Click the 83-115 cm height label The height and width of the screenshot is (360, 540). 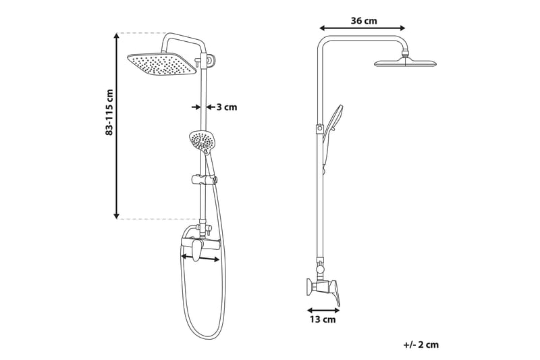pos(109,112)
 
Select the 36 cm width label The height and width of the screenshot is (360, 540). pos(364,21)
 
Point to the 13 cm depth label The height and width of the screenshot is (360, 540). pos(323,319)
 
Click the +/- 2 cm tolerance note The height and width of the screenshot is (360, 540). pos(421,344)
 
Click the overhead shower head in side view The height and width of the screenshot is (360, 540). pos(405,63)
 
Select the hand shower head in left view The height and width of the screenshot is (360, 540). pos(201,140)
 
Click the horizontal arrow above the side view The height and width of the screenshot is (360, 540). pos(362,28)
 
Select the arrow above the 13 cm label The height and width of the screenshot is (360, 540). pos(323,310)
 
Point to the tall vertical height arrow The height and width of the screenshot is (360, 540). pos(116,126)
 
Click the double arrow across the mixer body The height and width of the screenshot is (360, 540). pos(200,257)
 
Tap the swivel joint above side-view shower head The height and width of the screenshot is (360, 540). pos(405,51)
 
